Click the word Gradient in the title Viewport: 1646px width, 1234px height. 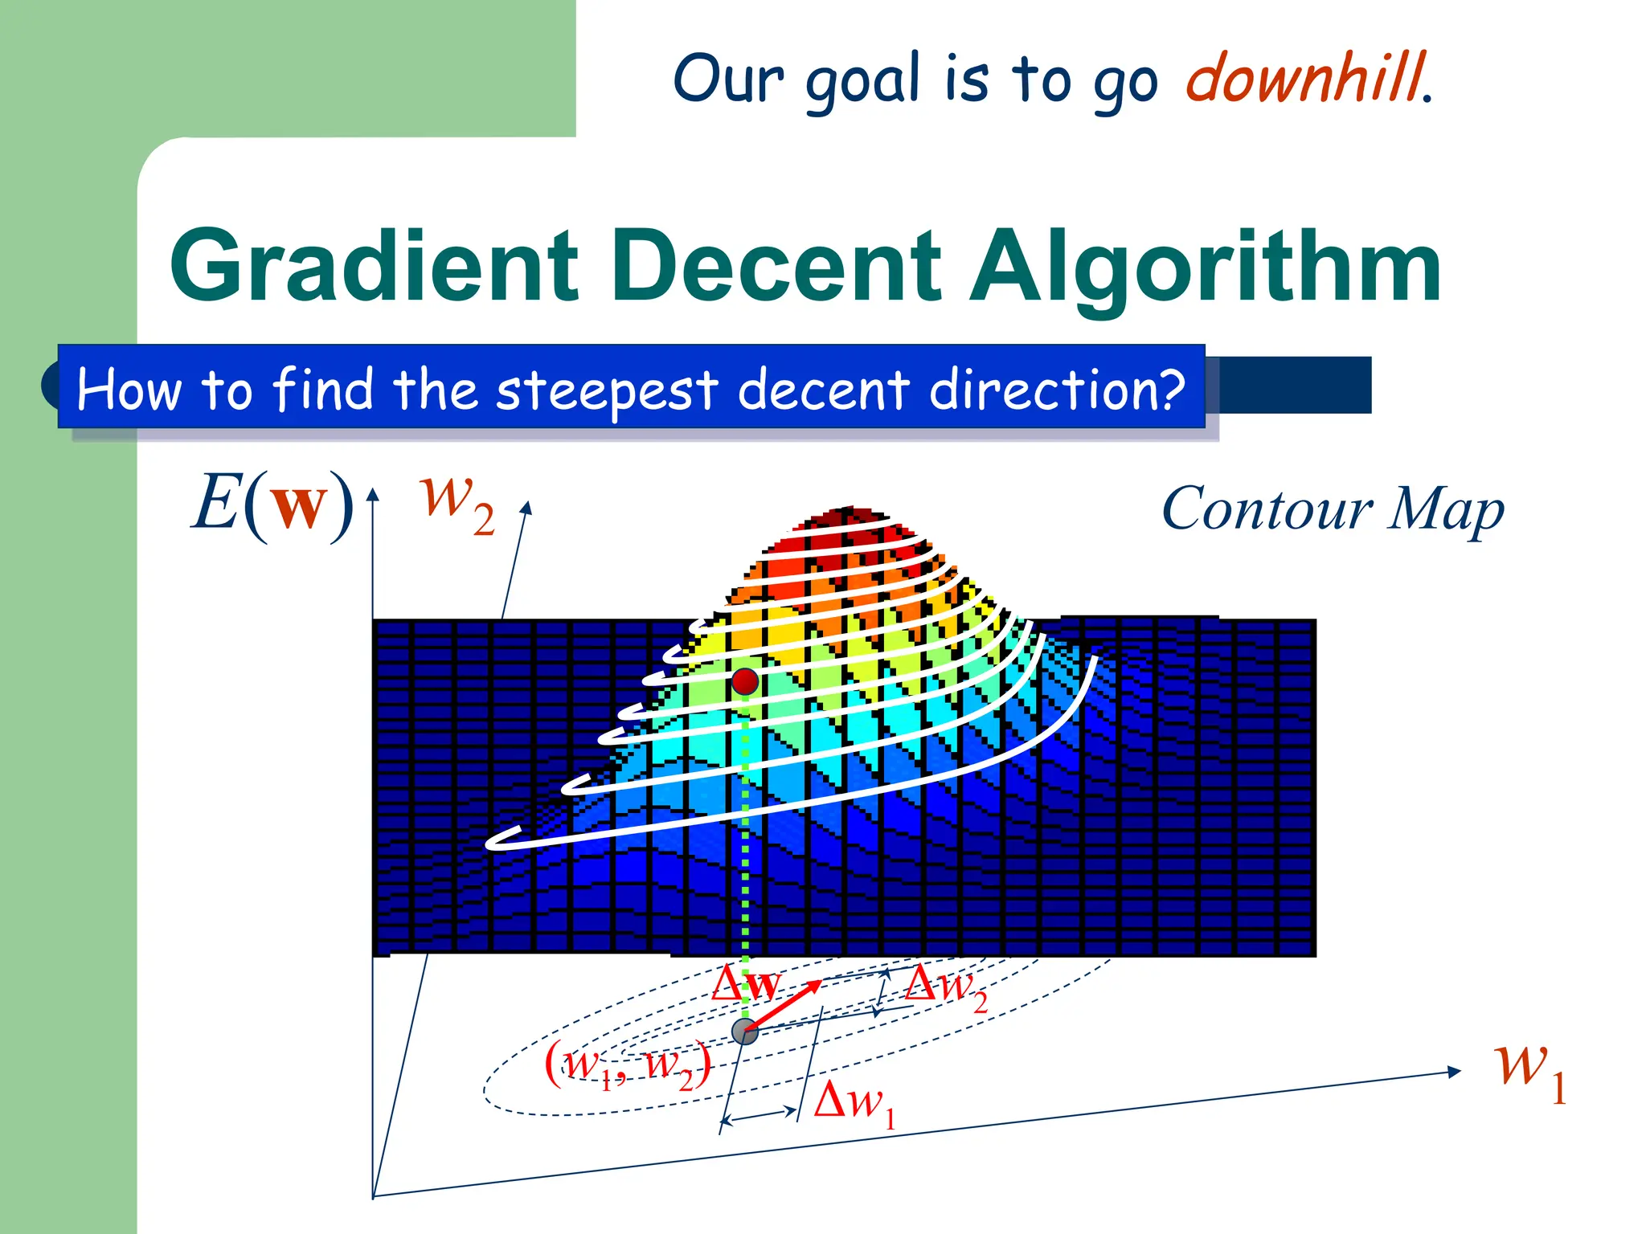[x=374, y=267]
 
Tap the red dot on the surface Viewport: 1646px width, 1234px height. [x=745, y=681]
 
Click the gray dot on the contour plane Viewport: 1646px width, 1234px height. [x=745, y=1032]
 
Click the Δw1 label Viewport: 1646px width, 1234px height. [x=854, y=1102]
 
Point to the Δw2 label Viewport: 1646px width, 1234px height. [x=945, y=987]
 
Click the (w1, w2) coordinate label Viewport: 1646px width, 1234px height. [x=628, y=1066]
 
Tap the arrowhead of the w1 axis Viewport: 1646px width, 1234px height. [x=1455, y=1071]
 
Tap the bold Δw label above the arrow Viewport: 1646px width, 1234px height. [x=745, y=983]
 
